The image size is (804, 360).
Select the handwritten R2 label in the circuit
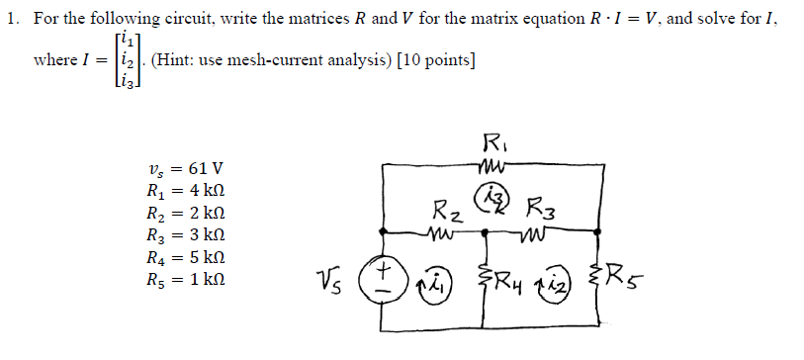tap(447, 212)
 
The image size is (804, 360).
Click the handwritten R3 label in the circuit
tap(546, 211)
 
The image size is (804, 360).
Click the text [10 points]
tap(433, 61)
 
